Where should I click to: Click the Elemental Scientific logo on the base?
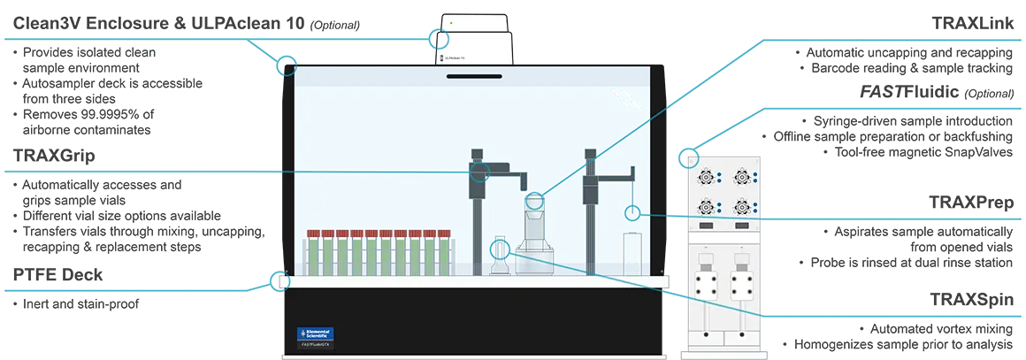point(315,334)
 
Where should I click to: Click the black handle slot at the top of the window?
point(473,76)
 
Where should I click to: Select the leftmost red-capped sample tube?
point(312,251)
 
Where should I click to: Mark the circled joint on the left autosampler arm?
point(479,171)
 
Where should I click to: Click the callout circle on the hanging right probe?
point(632,212)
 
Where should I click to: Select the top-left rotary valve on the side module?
point(706,177)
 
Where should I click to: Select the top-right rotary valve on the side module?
point(739,177)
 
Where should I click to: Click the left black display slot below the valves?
point(706,227)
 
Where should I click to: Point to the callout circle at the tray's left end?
point(283,281)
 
